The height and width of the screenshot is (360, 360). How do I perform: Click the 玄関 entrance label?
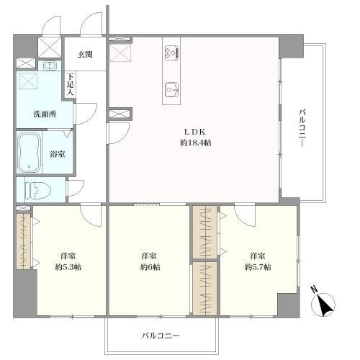85,55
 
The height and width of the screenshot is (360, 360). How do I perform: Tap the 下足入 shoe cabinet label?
71,84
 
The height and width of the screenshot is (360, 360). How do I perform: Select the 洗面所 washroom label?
45,114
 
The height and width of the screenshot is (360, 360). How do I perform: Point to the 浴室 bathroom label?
58,154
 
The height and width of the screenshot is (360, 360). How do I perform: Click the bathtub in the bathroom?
29,152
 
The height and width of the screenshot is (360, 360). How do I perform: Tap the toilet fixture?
38,190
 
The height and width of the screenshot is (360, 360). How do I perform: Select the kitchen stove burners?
171,53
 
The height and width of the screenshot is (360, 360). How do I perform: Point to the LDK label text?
194,132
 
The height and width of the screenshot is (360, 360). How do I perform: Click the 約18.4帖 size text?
196,143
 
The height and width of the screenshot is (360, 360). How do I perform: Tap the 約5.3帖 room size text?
68,267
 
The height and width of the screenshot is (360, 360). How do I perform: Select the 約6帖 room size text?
150,267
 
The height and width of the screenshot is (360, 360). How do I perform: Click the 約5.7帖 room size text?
258,267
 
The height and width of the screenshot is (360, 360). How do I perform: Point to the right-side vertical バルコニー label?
302,127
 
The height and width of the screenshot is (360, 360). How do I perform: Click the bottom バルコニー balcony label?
160,336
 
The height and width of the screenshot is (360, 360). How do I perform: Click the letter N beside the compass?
314,289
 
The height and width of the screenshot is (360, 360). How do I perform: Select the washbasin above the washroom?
50,66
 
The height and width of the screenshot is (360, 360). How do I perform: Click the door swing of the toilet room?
76,188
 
